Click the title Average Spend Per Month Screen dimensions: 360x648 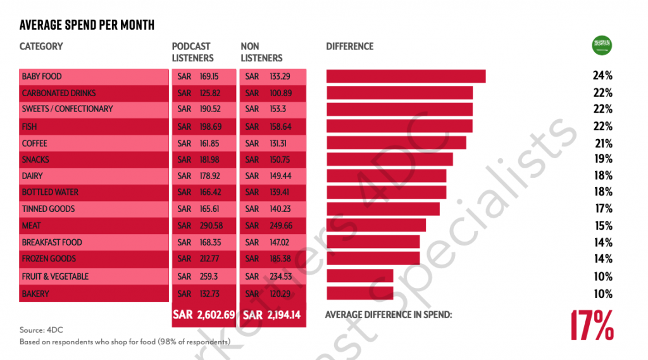(87, 25)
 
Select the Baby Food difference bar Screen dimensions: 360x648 (406, 76)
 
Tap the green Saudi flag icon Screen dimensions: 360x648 (601, 45)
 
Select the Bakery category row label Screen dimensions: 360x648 (35, 294)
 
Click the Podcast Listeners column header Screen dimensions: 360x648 (192, 52)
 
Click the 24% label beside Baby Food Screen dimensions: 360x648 (602, 76)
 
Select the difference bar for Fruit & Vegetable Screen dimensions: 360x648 (359, 276)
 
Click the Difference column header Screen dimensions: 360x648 (349, 46)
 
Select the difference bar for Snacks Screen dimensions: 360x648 (389, 159)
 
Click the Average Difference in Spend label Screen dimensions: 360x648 (388, 314)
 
